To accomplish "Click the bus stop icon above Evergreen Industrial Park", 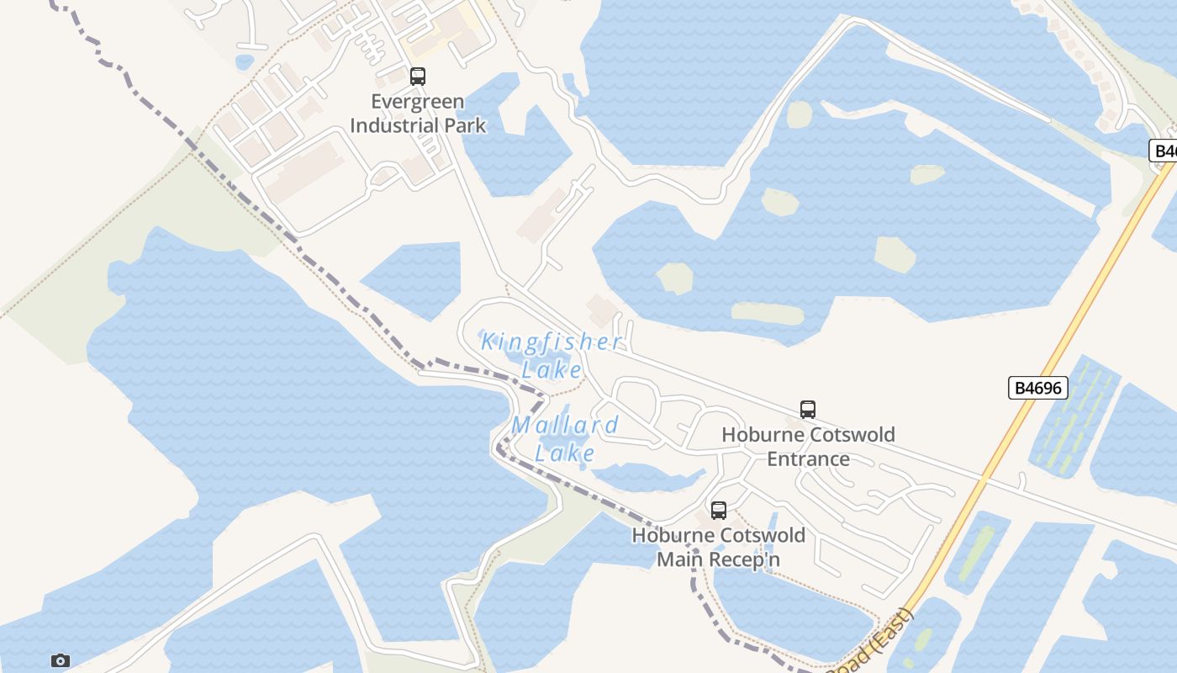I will pos(418,77).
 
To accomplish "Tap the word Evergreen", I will pos(418,102).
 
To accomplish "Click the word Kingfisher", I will pos(552,342).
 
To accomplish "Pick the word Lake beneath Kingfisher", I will pos(552,369).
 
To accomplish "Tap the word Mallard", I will pos(566,425).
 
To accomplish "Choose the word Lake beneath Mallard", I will pos(566,453).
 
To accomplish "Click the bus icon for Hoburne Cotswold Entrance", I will pos(808,410).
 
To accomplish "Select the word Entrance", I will pos(808,458).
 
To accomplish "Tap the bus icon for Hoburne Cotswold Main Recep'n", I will pos(719,510).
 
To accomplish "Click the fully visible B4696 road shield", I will pos(1037,388).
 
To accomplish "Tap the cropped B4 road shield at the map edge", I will pos(1163,151).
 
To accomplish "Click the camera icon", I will pos(60,660).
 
